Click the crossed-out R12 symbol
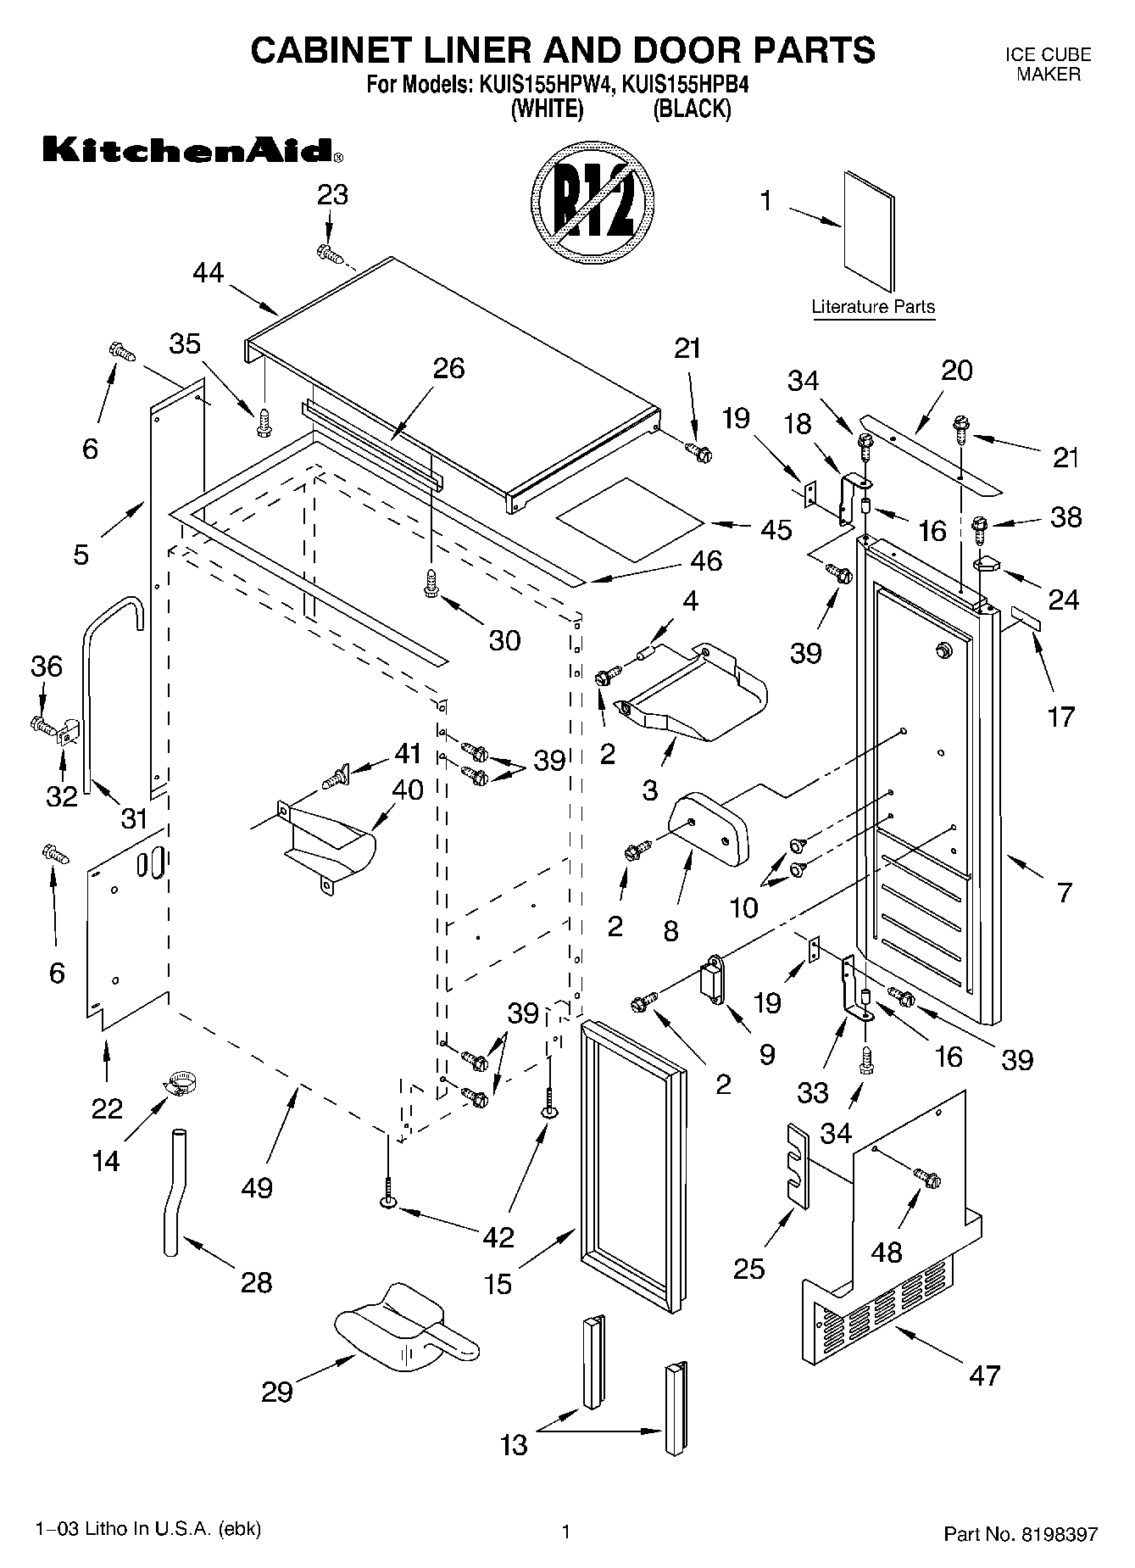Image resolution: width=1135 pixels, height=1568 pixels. (x=593, y=209)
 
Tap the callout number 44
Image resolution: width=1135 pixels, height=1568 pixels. (x=208, y=273)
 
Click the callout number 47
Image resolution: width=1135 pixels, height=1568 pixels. (x=984, y=1375)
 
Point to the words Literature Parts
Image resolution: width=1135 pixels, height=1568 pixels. (x=873, y=307)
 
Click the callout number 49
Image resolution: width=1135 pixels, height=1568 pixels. (x=257, y=1187)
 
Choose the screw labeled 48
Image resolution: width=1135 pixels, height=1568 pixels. (x=926, y=1178)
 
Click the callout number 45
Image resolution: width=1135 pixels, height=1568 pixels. (x=776, y=529)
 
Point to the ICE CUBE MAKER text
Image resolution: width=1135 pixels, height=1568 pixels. (x=1048, y=64)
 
